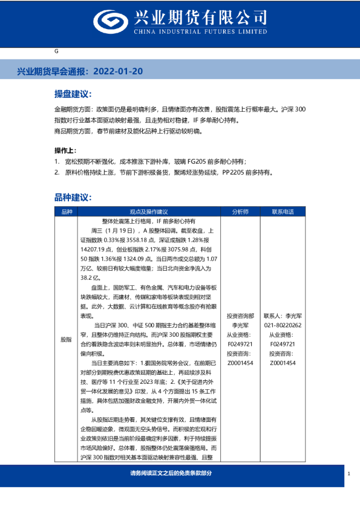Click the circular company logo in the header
[107, 22]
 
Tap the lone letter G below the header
[56, 51]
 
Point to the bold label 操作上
[65, 151]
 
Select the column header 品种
[66, 212]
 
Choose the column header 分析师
[240, 212]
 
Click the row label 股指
[66, 340]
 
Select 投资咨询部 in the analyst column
[240, 316]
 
